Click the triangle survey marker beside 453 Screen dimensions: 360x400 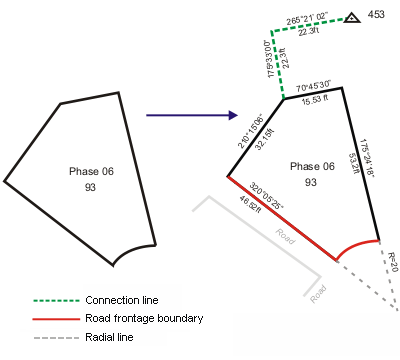352,18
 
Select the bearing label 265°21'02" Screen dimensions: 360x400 308,19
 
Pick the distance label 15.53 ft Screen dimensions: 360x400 314,100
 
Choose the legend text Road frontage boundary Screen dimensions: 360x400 144,319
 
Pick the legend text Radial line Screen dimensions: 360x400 109,338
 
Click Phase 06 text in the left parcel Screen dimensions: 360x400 92,172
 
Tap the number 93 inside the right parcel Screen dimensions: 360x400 311,182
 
